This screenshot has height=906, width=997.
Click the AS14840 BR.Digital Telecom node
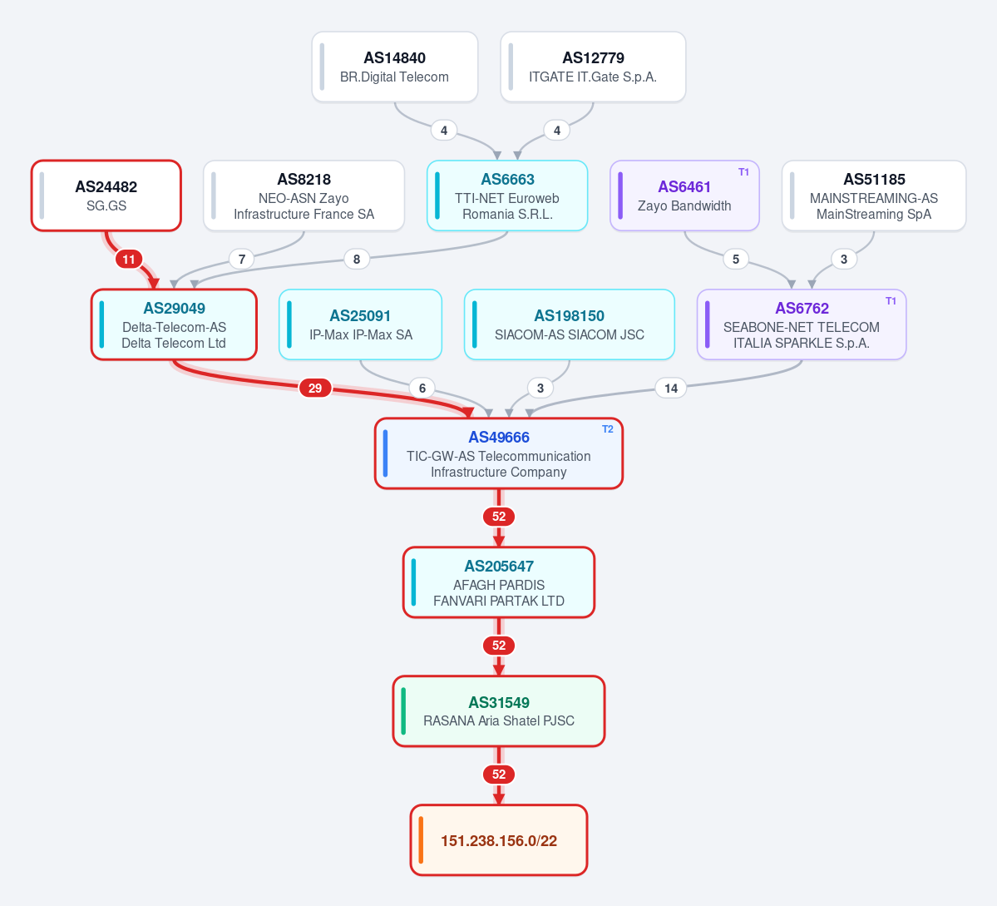[x=395, y=67]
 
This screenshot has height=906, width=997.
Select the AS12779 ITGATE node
[x=593, y=67]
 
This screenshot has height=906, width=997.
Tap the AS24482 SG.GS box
[x=106, y=196]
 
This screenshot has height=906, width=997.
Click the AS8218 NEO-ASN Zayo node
[x=304, y=196]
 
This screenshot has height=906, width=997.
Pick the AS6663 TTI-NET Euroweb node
[x=507, y=196]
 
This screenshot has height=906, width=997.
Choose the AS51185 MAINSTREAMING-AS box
[x=874, y=196]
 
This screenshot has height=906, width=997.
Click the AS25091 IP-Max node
[x=361, y=324]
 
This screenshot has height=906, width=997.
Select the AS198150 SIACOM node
[x=570, y=324]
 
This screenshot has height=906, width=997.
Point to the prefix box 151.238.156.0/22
[x=499, y=839]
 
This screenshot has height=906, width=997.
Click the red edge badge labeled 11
[x=129, y=259]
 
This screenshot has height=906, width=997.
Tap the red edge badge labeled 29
[x=315, y=388]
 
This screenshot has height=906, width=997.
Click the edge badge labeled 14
[x=671, y=388]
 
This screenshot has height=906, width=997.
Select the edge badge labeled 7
[x=242, y=259]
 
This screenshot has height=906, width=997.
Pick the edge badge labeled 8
[x=357, y=259]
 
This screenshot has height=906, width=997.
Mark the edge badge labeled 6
[x=422, y=388]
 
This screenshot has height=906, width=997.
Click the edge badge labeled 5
[x=736, y=259]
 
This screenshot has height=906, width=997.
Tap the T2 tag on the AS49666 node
[x=608, y=428]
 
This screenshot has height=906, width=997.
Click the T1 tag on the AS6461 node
[x=744, y=171]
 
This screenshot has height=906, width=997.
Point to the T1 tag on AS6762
[x=891, y=301]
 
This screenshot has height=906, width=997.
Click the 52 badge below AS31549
[x=499, y=775]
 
